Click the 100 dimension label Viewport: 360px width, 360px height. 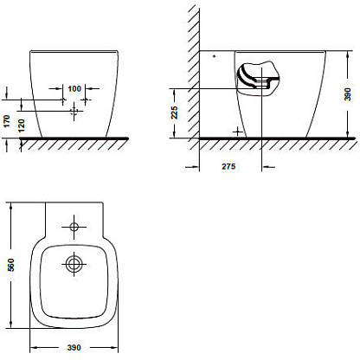[74, 88]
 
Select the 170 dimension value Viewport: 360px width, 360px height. [7, 121]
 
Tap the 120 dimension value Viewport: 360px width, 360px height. [22, 125]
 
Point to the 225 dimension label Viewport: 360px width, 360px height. [174, 112]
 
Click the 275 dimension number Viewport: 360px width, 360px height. [228, 166]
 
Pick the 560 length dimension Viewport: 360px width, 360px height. [10, 265]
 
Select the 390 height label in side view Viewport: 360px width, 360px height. [348, 94]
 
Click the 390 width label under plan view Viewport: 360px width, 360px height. [74, 348]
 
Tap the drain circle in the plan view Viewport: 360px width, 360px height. [74, 264]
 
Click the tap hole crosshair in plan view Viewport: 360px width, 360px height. [74, 227]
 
